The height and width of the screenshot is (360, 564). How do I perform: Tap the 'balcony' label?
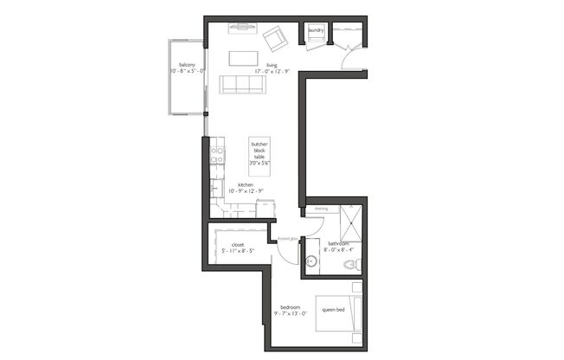[187, 65]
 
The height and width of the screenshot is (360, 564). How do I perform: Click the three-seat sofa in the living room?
[244, 84]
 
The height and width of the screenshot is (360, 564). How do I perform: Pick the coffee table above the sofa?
[243, 58]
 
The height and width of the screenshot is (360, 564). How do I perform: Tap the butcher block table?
[258, 152]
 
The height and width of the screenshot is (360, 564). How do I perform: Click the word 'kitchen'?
[245, 183]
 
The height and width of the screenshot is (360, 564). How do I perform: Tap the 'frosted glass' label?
[289, 237]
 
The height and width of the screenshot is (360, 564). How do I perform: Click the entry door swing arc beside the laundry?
[349, 59]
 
